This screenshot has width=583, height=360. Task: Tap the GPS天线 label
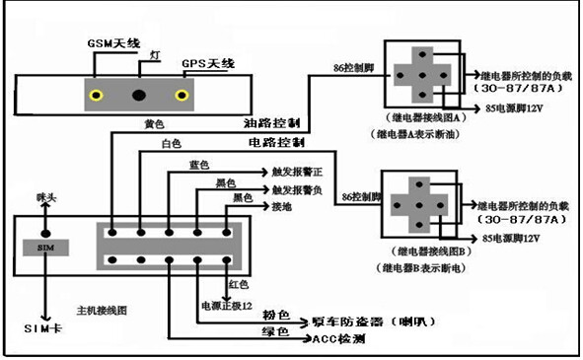208,64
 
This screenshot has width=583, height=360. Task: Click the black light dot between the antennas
138,96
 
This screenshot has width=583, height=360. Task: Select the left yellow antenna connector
96,96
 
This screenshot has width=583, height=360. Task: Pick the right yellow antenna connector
182,96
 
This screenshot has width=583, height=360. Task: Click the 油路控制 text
270,125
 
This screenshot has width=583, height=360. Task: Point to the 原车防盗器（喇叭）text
363,321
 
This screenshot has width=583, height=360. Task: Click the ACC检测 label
338,338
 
